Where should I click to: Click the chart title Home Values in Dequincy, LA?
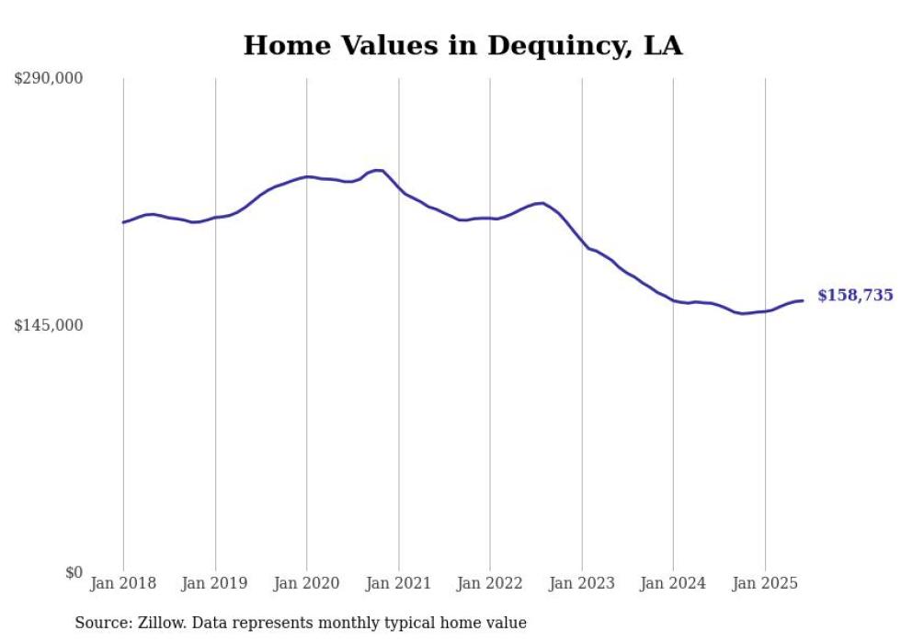[462, 45]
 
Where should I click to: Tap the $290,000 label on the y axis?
[49, 79]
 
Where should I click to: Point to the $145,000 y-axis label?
[49, 325]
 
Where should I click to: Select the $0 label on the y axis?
[74, 572]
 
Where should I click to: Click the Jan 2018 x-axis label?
[123, 583]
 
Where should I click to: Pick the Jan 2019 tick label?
[215, 583]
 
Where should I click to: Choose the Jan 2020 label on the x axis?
[307, 583]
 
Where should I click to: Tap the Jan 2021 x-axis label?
[398, 583]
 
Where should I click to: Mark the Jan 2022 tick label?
[490, 583]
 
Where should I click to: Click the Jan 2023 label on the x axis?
[581, 583]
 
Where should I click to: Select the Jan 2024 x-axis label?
[673, 583]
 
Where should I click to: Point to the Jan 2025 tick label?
[765, 583]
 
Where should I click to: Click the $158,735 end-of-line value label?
[854, 296]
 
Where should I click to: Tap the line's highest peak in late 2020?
[377, 170]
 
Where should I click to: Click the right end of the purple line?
[803, 300]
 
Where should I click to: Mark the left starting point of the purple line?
[123, 222]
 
